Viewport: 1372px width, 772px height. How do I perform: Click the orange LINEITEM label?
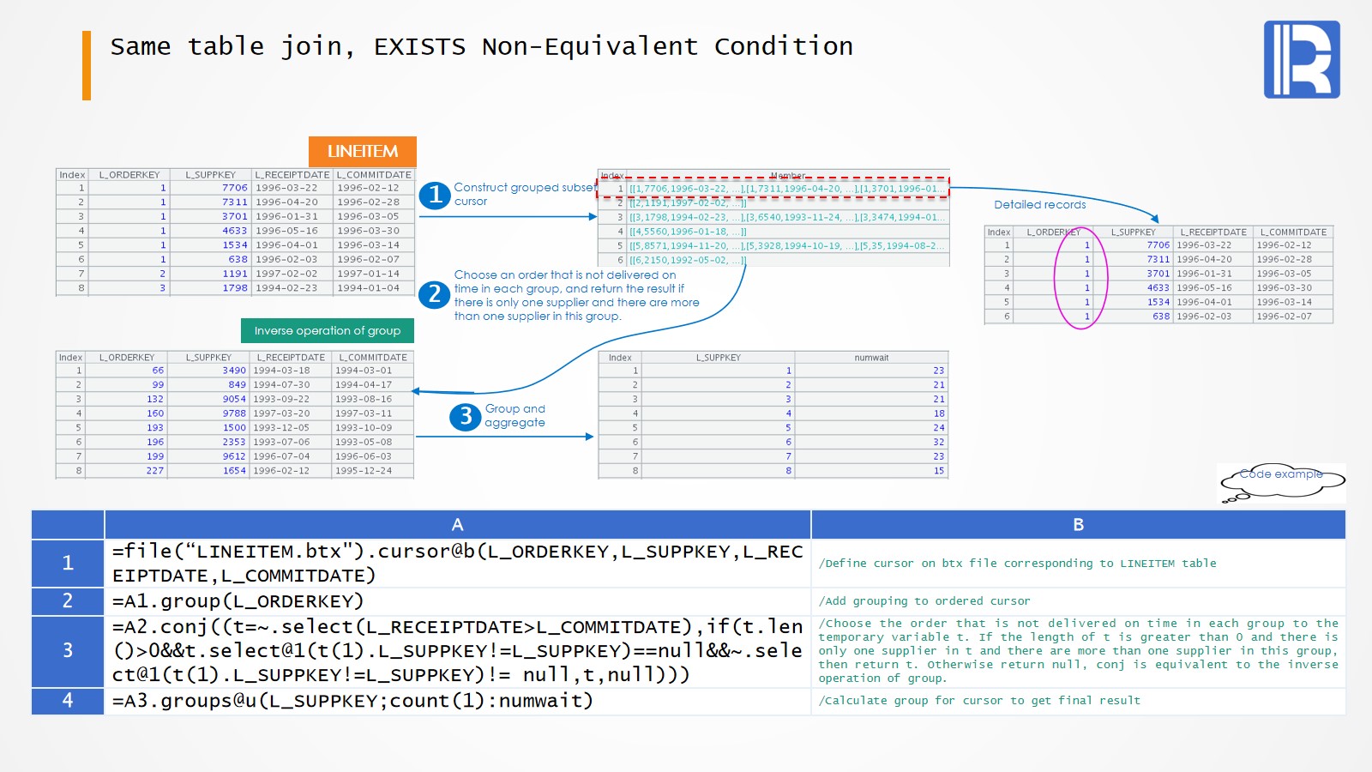click(362, 152)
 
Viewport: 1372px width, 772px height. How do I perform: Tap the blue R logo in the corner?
click(1302, 60)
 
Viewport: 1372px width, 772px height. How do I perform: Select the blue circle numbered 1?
click(435, 196)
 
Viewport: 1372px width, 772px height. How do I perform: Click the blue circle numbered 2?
click(435, 295)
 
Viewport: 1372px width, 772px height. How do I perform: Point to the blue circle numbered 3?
click(466, 417)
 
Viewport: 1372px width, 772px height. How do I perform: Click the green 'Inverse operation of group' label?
click(328, 331)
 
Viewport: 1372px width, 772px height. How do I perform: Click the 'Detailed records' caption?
click(1039, 205)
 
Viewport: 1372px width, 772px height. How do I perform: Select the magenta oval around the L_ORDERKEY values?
click(1081, 279)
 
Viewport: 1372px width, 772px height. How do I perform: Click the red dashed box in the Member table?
click(773, 189)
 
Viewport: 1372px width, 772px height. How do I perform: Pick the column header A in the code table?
click(457, 525)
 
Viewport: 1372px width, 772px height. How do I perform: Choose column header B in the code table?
click(1078, 525)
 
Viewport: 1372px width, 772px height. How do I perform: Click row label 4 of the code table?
click(68, 701)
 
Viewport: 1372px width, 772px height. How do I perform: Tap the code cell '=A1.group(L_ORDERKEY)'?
click(238, 601)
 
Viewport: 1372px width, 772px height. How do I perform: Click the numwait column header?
click(871, 358)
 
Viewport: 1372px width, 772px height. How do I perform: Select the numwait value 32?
click(938, 443)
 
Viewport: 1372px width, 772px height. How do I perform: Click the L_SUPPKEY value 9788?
click(234, 413)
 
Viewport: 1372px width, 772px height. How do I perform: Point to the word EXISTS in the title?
click(419, 47)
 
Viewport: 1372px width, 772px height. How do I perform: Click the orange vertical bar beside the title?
click(87, 66)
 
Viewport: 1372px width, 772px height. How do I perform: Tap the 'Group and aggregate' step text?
click(514, 416)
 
